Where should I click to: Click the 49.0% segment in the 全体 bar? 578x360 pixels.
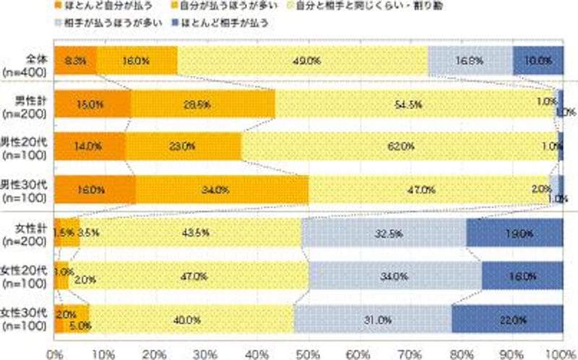(303, 61)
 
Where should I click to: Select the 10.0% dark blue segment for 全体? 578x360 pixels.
(539, 61)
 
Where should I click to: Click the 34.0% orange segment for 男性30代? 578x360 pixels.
(221, 190)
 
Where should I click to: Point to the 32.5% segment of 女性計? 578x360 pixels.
(384, 233)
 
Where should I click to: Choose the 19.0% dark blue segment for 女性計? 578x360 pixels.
(515, 233)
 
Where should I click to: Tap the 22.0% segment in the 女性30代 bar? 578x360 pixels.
(508, 318)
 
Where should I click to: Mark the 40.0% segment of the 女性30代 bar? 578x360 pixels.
(191, 318)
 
